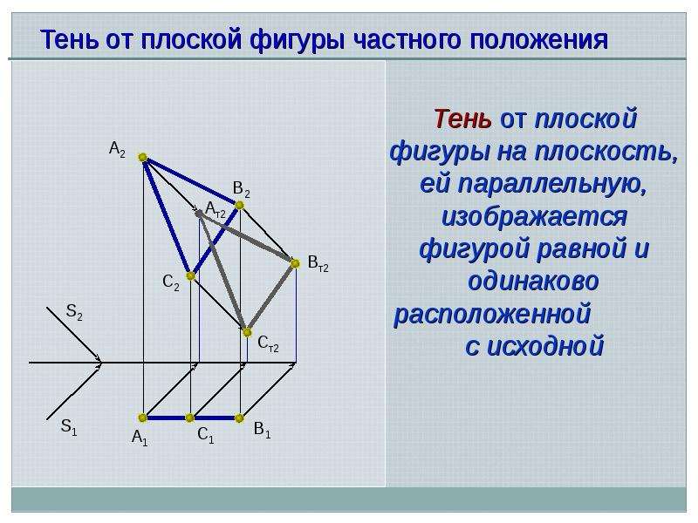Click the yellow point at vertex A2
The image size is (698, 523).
point(142,157)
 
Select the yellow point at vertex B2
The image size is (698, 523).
point(239,205)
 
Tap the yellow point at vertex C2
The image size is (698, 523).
point(190,276)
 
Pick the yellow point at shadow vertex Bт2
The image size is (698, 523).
point(295,263)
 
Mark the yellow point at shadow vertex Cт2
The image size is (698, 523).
point(247,332)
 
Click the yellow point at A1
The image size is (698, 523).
point(142,418)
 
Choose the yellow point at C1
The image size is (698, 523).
point(189,418)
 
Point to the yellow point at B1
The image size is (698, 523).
point(239,418)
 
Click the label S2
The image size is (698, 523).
point(74,311)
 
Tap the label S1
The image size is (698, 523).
point(69,426)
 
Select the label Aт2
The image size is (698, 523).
point(216,209)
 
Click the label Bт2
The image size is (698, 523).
point(318,263)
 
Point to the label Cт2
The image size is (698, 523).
point(268,343)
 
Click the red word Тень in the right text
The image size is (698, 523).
point(463,119)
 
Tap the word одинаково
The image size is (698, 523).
point(533,281)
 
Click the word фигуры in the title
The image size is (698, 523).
point(297,39)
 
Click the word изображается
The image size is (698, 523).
point(534,216)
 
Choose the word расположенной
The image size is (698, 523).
point(492,314)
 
